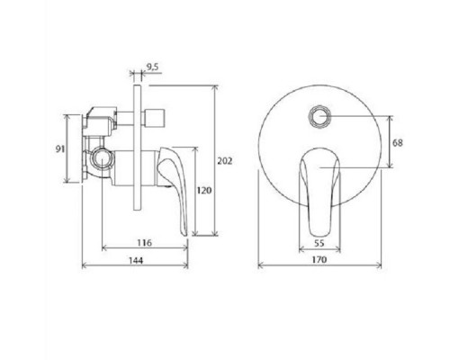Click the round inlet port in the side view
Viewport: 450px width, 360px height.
coord(101,163)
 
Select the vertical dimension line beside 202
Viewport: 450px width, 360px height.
coord(216,161)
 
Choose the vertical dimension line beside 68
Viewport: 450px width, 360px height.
coord(388,141)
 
